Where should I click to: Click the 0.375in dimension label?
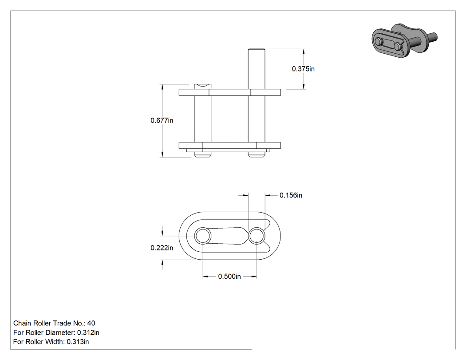coord(303,69)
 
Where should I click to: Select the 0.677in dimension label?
coord(162,120)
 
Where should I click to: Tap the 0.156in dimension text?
coord(291,195)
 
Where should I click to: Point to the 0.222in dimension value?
coord(162,248)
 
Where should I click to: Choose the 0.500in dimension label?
coord(229,277)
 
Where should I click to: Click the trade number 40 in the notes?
coord(91,323)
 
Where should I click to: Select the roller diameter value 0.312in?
coord(88,332)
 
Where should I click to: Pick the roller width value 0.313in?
coord(78,342)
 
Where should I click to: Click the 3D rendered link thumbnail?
coord(404,40)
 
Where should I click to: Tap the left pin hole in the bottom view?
coord(203,236)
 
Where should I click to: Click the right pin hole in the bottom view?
coord(257,236)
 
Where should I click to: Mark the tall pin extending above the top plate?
coord(257,69)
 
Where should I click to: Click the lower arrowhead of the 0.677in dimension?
coord(162,154)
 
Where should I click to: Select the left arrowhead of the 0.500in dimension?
coord(205,277)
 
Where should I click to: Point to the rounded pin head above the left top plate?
coord(203,87)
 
